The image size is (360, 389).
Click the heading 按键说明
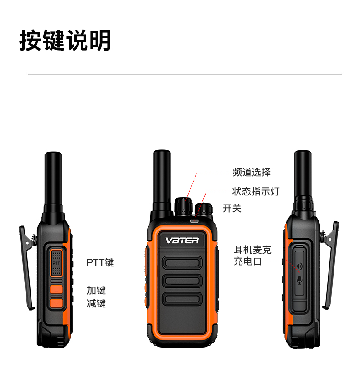(65, 40)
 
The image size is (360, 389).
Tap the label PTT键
(100, 262)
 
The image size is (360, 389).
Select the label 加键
(96, 290)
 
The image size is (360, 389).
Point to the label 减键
(96, 303)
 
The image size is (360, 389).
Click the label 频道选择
(252, 172)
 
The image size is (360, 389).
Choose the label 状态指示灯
(256, 191)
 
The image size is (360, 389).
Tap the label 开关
(232, 208)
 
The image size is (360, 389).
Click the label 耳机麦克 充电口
(252, 256)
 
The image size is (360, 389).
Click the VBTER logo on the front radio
(182, 241)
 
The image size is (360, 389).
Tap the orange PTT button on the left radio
(57, 263)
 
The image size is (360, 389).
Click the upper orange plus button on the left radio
(57, 289)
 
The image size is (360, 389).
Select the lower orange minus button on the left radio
(57, 303)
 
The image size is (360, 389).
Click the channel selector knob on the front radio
(184, 206)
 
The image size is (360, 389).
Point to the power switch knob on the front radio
(204, 209)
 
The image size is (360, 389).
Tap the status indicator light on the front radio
(195, 220)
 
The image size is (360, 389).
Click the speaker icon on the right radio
(300, 266)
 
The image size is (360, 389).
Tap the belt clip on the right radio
(330, 266)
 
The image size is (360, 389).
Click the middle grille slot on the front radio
(182, 281)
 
